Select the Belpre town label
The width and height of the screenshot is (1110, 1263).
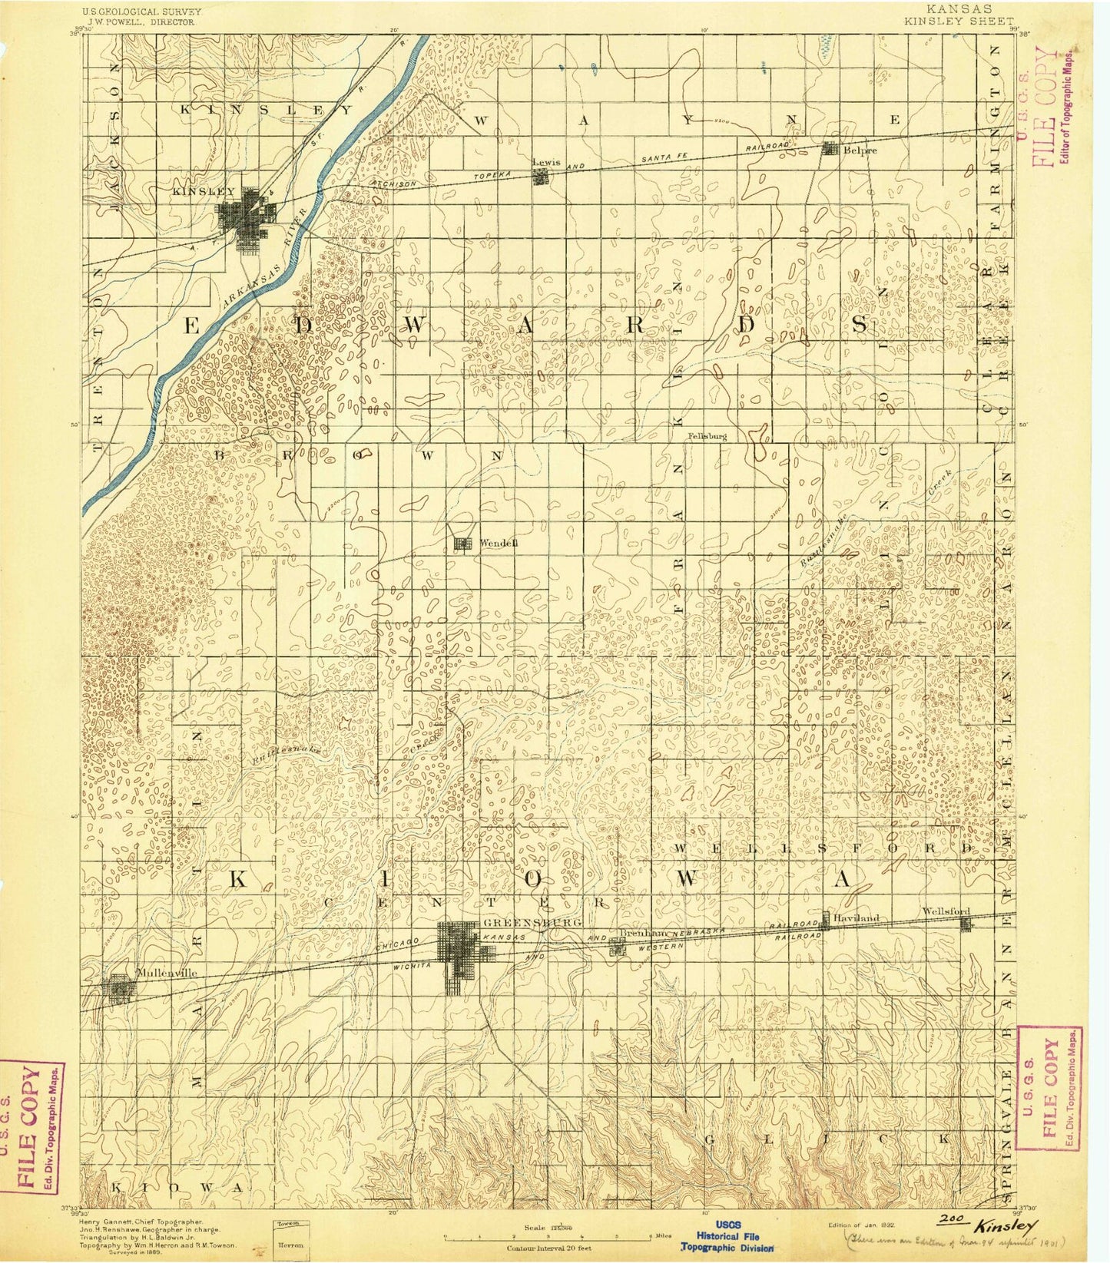point(855,150)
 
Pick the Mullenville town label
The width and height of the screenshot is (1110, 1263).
point(166,972)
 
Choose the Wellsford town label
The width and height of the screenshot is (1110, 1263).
point(948,911)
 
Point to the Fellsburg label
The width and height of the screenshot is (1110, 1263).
point(706,435)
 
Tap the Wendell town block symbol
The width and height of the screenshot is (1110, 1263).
point(462,544)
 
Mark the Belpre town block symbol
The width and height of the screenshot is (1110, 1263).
point(830,149)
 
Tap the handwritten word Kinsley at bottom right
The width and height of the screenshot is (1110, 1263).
point(1008,1223)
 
